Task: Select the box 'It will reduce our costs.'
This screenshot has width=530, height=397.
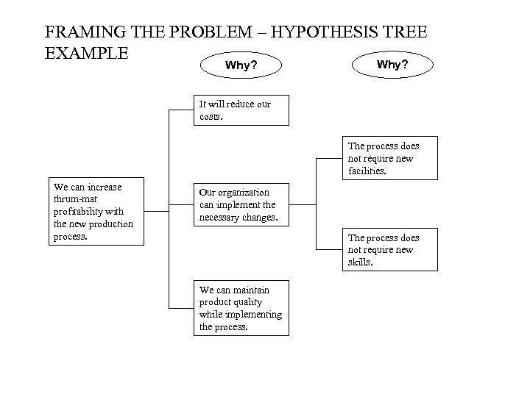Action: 241,110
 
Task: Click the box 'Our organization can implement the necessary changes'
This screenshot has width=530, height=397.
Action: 241,204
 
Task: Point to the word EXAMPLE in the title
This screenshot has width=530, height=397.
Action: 87,54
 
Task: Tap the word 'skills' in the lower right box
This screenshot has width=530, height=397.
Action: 360,262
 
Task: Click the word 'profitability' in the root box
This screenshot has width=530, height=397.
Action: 79,211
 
